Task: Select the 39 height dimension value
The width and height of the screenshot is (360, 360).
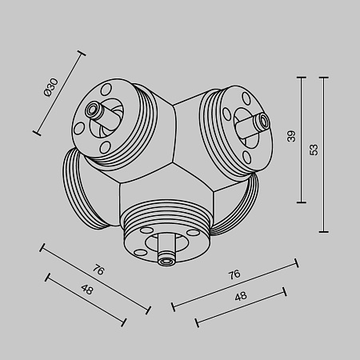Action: pos(291,137)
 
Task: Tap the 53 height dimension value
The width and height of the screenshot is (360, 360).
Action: pos(314,150)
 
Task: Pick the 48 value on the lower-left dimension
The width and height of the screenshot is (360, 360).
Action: pos(87,290)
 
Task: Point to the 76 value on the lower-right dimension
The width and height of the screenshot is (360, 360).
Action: pos(234,274)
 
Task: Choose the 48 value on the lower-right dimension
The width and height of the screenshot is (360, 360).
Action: pos(240,296)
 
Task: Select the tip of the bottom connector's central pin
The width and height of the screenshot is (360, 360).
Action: pos(166,259)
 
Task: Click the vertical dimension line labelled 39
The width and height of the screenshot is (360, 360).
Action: pos(302,139)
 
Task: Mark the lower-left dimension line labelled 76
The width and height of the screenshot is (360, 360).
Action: pos(95,279)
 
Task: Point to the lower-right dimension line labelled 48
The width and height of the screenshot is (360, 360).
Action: pos(241,305)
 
